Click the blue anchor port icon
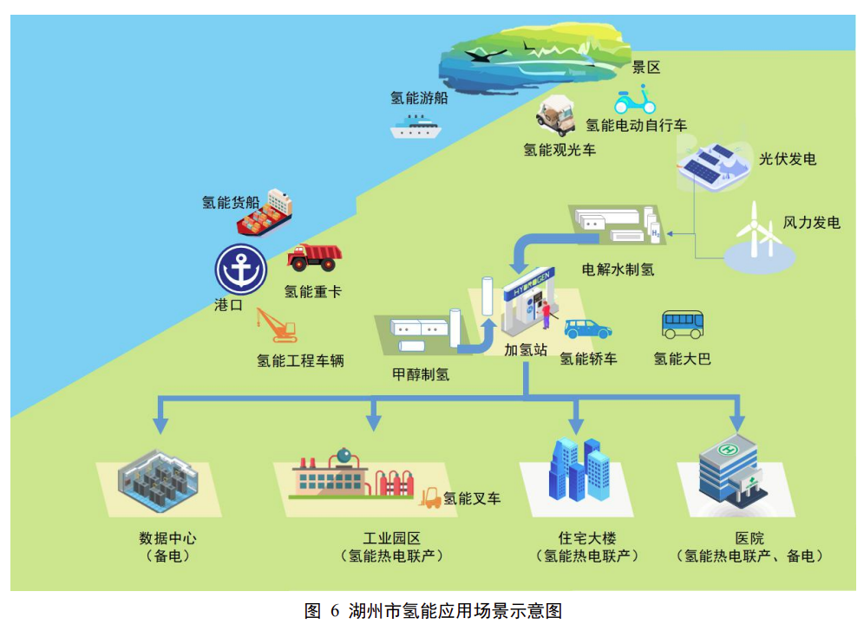(x=240, y=270)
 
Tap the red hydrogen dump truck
(x=313, y=257)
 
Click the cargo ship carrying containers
(x=265, y=214)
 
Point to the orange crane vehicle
(x=276, y=326)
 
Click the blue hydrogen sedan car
(x=587, y=328)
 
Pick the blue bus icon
(x=682, y=325)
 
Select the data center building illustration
(x=159, y=484)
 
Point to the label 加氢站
(x=526, y=349)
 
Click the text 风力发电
(x=811, y=223)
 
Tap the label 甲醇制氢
(x=421, y=374)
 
